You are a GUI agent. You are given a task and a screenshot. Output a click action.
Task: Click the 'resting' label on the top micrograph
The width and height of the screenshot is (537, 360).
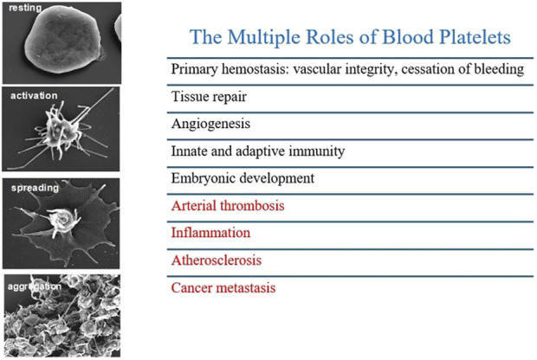[x=25, y=8]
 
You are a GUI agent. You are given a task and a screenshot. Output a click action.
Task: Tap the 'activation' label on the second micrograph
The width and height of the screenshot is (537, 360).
[x=34, y=95]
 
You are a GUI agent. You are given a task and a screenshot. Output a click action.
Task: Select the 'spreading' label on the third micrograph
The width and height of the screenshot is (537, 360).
[x=35, y=188]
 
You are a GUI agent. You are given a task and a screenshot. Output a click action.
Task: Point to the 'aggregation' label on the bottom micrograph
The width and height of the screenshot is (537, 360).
[x=35, y=286]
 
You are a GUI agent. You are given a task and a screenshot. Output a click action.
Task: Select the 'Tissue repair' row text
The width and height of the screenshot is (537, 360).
[x=209, y=97]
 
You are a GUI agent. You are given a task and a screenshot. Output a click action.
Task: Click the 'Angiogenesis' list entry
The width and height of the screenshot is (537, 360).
[x=211, y=125]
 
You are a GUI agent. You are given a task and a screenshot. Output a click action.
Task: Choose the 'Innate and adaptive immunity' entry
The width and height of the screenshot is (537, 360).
[x=258, y=151]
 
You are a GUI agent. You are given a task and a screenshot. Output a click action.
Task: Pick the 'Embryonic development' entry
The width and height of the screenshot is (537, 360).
[x=243, y=178]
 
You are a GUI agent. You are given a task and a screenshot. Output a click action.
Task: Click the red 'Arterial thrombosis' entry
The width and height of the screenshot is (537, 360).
[x=228, y=206]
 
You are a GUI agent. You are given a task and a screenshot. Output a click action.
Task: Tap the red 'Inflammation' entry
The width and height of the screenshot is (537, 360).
[x=211, y=233]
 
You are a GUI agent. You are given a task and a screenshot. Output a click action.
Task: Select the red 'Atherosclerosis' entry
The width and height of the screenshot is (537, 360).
[x=217, y=260]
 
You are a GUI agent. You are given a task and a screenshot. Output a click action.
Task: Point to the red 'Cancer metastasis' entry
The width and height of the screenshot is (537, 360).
[x=223, y=288]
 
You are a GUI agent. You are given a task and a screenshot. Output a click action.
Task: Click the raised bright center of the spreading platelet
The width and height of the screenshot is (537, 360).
[x=62, y=219]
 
